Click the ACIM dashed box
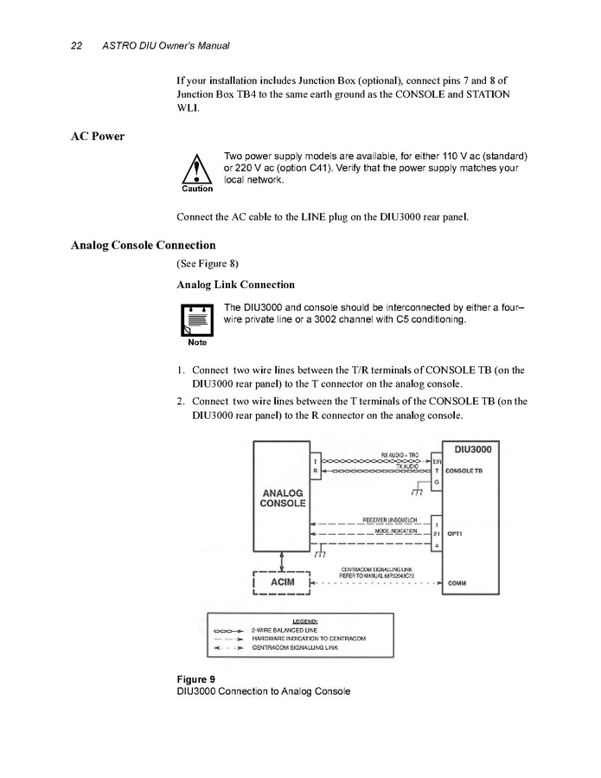[283, 582]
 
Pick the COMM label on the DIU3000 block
[457, 582]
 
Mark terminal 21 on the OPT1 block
[437, 534]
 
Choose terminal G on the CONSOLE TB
[437, 481]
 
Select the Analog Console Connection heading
[143, 245]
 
